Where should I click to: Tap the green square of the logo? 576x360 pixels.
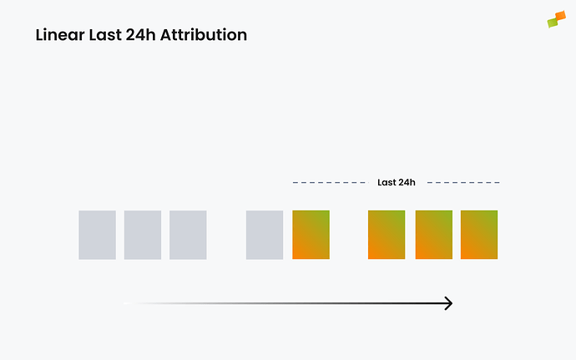552,23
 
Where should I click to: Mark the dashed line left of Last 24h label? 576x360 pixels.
329,182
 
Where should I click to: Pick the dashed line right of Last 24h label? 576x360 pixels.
463,182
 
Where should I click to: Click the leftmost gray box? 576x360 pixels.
97,235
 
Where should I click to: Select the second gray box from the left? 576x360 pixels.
143,235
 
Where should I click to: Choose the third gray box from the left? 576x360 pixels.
188,235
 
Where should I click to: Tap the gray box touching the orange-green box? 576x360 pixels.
265,235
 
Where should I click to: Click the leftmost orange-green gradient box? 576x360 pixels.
311,235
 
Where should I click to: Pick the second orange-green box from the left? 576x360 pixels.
387,235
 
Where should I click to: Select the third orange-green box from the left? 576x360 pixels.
433,235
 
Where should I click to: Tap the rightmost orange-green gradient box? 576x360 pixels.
479,235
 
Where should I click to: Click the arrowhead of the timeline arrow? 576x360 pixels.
448,303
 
